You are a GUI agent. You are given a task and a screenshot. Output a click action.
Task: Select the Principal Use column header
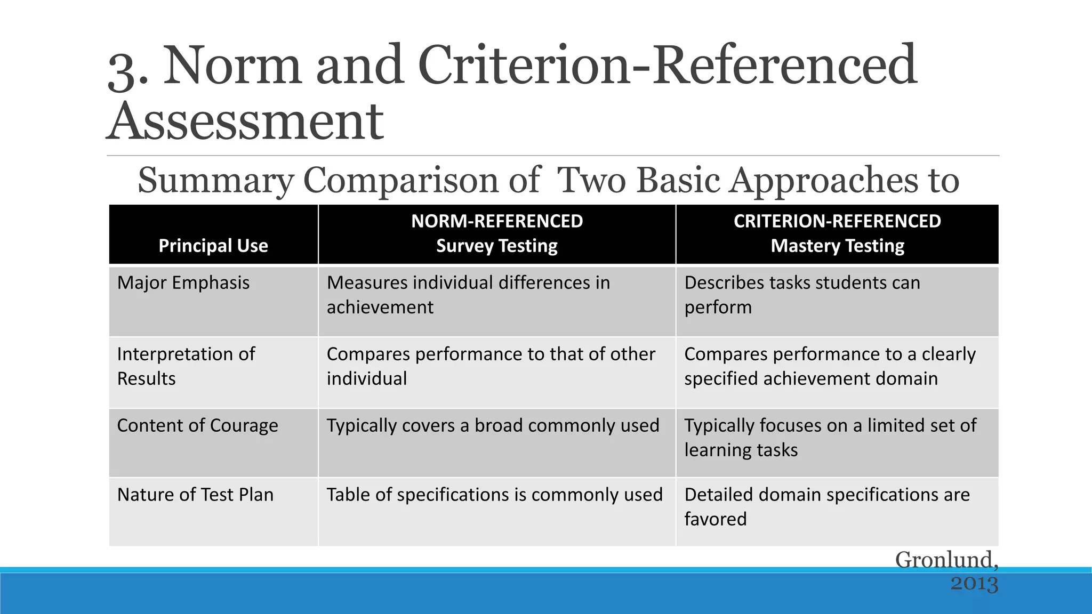coord(213,246)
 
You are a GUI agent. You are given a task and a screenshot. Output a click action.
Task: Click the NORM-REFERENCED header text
coord(497,221)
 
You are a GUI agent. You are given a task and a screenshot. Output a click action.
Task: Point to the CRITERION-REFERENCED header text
coord(837,221)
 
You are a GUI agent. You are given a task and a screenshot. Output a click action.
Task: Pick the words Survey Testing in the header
coord(497,246)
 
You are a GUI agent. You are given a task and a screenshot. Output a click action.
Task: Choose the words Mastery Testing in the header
coord(837,246)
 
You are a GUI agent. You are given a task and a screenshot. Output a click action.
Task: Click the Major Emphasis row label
coord(183,282)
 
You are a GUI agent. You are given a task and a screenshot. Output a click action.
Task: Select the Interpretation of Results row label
coord(186,366)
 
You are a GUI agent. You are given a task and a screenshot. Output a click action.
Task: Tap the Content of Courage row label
coord(197,425)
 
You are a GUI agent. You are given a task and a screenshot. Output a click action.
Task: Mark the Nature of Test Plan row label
coord(195,495)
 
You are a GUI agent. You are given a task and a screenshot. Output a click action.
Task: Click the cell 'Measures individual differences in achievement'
coord(468,295)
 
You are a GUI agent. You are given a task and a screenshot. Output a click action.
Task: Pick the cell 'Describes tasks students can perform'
coord(802,295)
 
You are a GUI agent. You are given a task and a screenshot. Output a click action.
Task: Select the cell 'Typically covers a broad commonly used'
coord(493,425)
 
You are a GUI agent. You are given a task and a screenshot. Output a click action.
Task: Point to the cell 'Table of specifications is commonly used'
coord(494,495)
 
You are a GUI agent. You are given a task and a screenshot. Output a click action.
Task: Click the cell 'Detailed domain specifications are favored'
coord(826,506)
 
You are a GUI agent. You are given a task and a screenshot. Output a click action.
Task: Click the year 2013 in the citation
coord(974,583)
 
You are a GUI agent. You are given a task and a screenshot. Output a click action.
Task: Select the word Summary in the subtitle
coord(215,180)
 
